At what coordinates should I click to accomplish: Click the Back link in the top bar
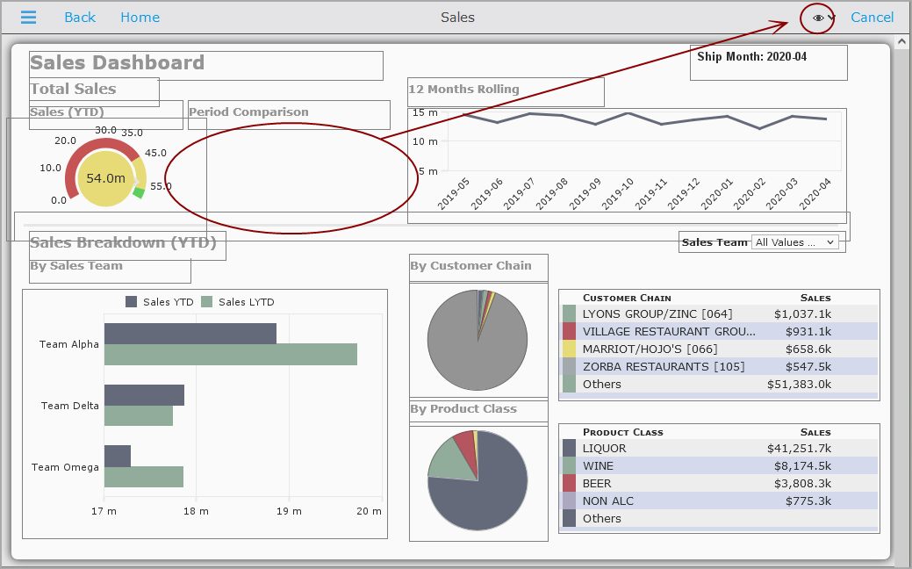pyautogui.click(x=80, y=18)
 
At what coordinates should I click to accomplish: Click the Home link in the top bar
pyautogui.click(x=140, y=18)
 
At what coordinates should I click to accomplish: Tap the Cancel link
pyautogui.click(x=872, y=18)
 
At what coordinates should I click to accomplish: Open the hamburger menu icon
pyautogui.click(x=28, y=18)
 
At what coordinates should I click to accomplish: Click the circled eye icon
pyautogui.click(x=818, y=18)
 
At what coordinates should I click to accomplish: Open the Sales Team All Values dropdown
pyautogui.click(x=794, y=242)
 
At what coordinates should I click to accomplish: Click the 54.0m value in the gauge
pyautogui.click(x=105, y=178)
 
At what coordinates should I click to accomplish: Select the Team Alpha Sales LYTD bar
pyautogui.click(x=230, y=355)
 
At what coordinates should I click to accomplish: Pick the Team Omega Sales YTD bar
pyautogui.click(x=118, y=456)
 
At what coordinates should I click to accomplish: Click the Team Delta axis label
pyautogui.click(x=70, y=406)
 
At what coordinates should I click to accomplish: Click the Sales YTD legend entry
pyautogui.click(x=160, y=302)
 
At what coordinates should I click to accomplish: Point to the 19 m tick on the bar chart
pyautogui.click(x=289, y=511)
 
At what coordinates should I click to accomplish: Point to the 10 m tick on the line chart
pyautogui.click(x=425, y=141)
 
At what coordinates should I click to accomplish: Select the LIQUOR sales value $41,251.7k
pyautogui.click(x=799, y=449)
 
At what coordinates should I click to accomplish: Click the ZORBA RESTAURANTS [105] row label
pyautogui.click(x=664, y=366)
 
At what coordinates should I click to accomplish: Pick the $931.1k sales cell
pyautogui.click(x=808, y=332)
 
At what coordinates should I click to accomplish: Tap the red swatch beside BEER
pyautogui.click(x=569, y=484)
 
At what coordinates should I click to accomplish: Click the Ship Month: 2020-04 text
pyautogui.click(x=752, y=56)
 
